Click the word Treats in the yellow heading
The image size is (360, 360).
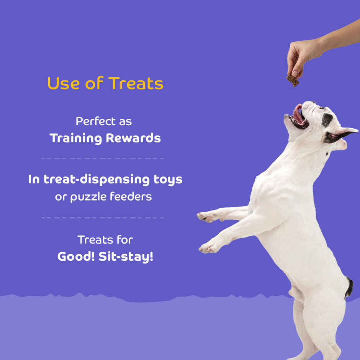click(x=136, y=83)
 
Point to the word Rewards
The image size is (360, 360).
click(x=133, y=138)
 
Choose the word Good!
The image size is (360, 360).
click(x=76, y=257)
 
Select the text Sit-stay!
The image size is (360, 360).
click(x=126, y=257)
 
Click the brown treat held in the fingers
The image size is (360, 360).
click(x=293, y=80)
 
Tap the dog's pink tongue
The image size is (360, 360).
click(x=298, y=114)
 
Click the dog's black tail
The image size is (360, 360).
click(x=349, y=288)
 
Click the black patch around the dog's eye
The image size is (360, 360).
click(x=327, y=119)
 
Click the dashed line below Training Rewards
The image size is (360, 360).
click(x=102, y=158)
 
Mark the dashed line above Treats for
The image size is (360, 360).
click(x=102, y=218)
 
